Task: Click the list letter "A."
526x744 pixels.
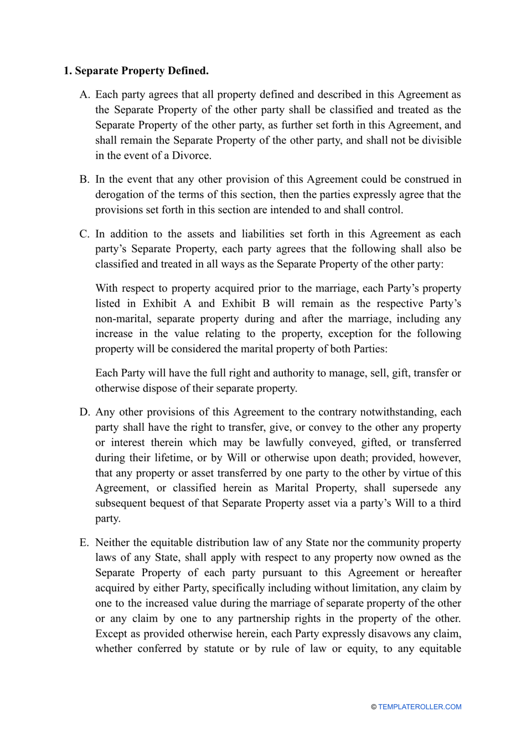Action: pyautogui.click(x=85, y=95)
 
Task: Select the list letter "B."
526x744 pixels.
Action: pyautogui.click(x=85, y=180)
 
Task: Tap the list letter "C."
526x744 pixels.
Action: pyautogui.click(x=85, y=234)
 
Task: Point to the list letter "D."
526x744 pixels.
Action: pyautogui.click(x=85, y=412)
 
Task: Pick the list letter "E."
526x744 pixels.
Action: pyautogui.click(x=84, y=542)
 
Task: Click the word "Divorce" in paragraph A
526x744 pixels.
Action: pyautogui.click(x=190, y=156)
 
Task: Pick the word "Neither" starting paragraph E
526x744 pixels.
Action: pyautogui.click(x=114, y=542)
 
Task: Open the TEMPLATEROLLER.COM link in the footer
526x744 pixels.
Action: pyautogui.click(x=420, y=707)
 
